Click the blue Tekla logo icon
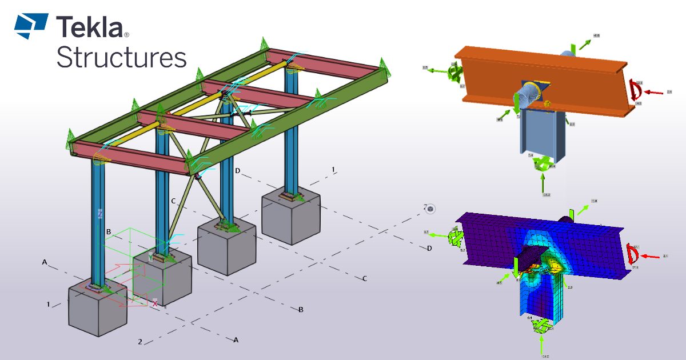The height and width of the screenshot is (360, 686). pos(31,26)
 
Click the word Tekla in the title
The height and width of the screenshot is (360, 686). pos(89,27)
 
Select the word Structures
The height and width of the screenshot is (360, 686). pos(122,58)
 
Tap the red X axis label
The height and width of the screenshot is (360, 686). pos(154,304)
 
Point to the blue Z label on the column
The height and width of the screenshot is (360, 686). pos(100,214)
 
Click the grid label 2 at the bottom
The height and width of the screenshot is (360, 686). pos(139,342)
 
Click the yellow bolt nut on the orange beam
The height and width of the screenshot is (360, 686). pos(547,103)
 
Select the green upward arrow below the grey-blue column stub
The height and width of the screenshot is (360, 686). pos(542,183)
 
